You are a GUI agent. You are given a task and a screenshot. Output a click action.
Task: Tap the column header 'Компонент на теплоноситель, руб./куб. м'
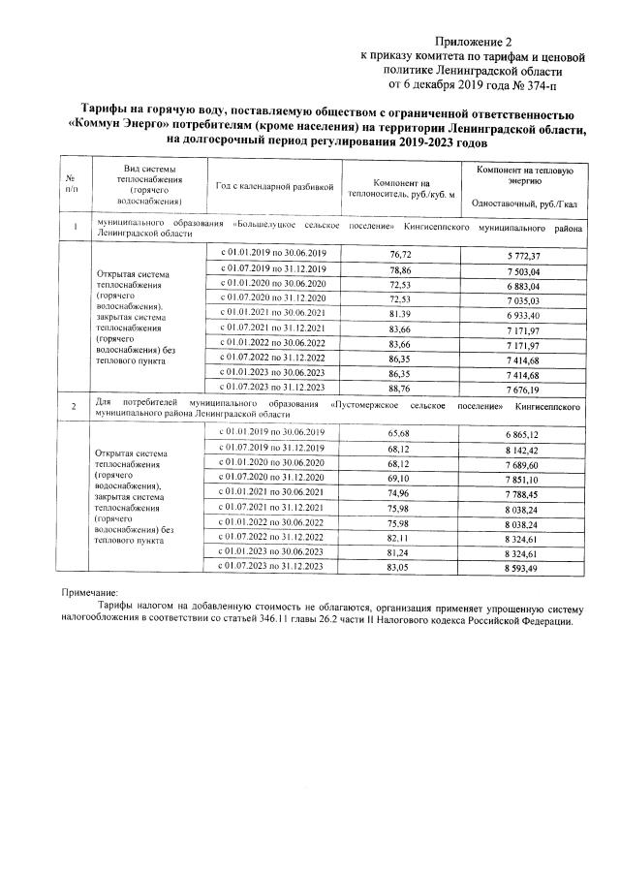(x=393, y=187)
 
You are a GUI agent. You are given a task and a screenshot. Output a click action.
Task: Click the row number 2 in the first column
(x=71, y=407)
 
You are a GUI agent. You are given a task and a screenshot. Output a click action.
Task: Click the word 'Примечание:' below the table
(x=89, y=592)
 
